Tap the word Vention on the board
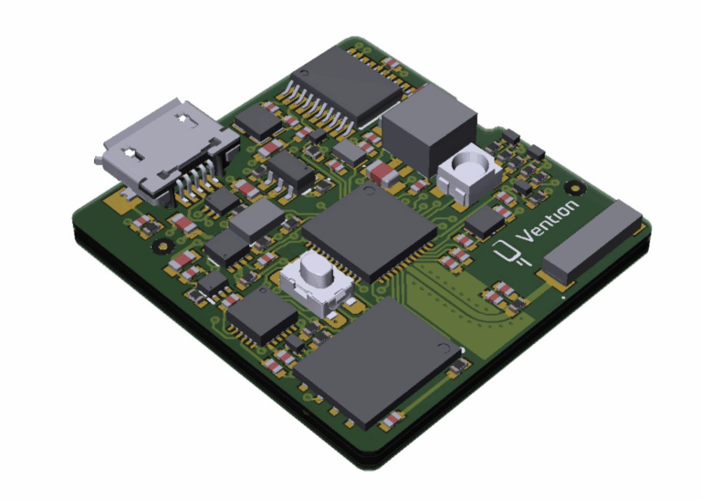coord(549,221)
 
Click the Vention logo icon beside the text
coord(508,253)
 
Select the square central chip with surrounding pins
coord(370,232)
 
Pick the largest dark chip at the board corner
coord(377,362)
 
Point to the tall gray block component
coord(429,130)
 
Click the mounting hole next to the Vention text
coord(574,188)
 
